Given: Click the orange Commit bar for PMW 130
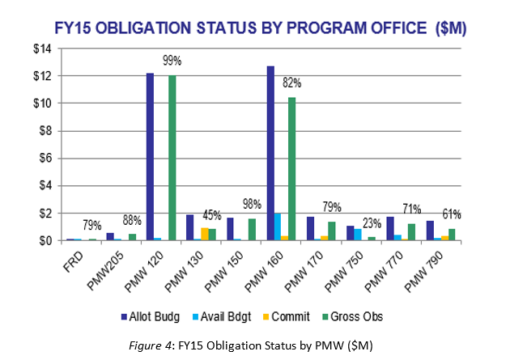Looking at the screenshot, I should (x=204, y=235).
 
